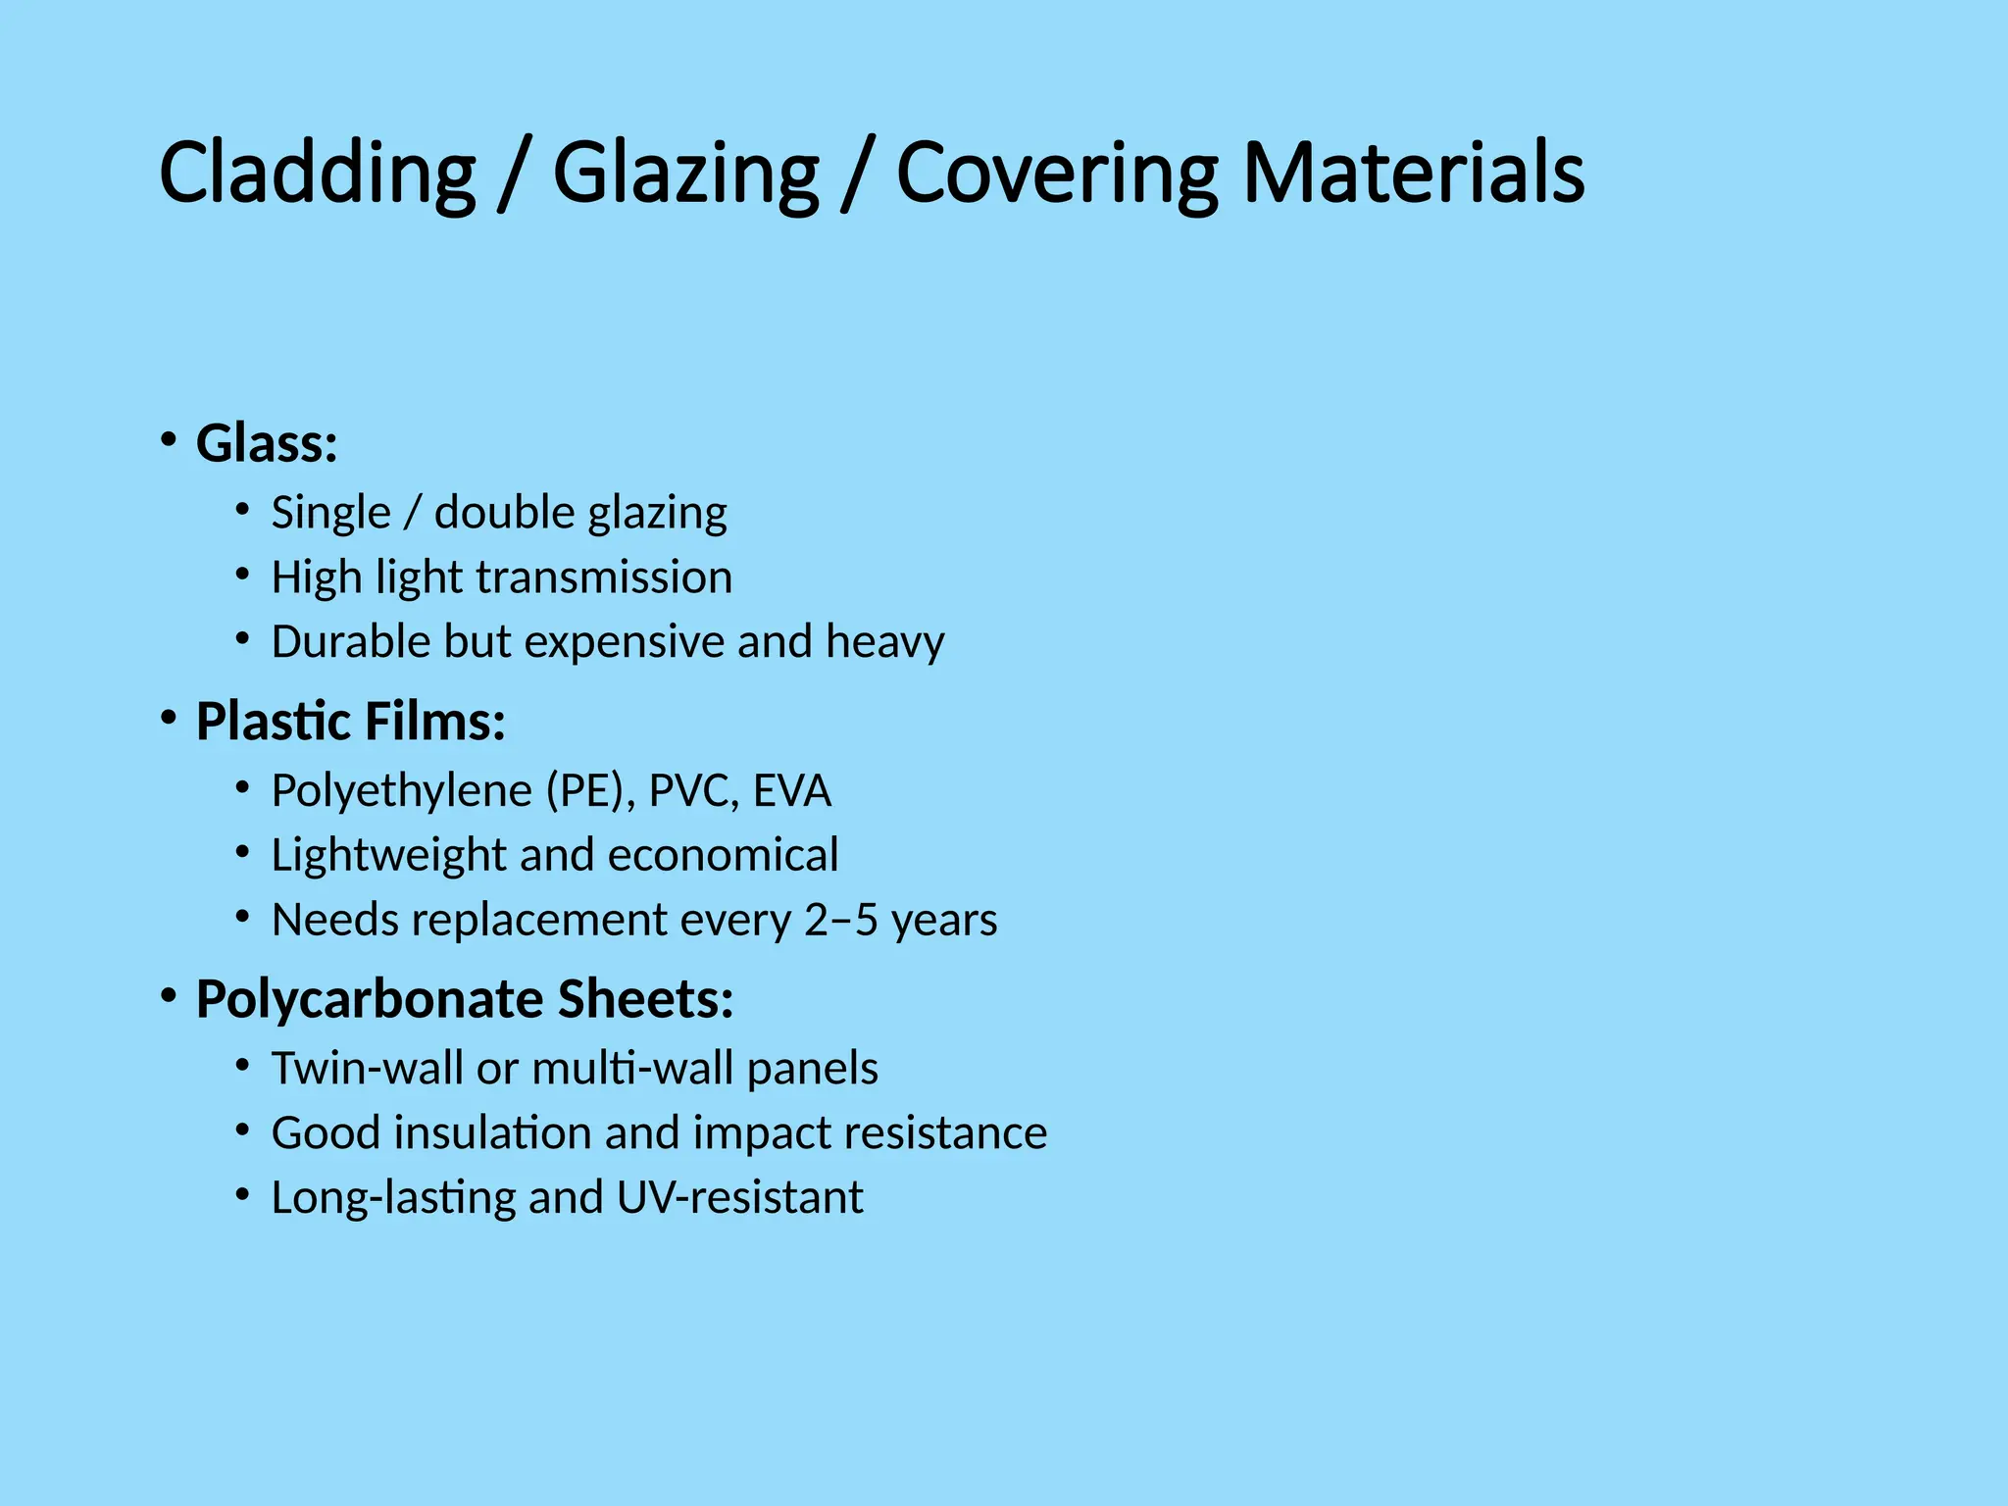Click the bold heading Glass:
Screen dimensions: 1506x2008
(267, 443)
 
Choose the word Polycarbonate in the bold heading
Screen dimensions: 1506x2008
(369, 1000)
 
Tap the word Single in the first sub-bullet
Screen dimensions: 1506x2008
(330, 513)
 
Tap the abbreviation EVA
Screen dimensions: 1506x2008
(792, 791)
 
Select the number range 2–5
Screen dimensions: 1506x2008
(840, 920)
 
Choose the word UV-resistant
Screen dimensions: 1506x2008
(740, 1198)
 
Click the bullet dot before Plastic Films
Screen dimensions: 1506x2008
(169, 720)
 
